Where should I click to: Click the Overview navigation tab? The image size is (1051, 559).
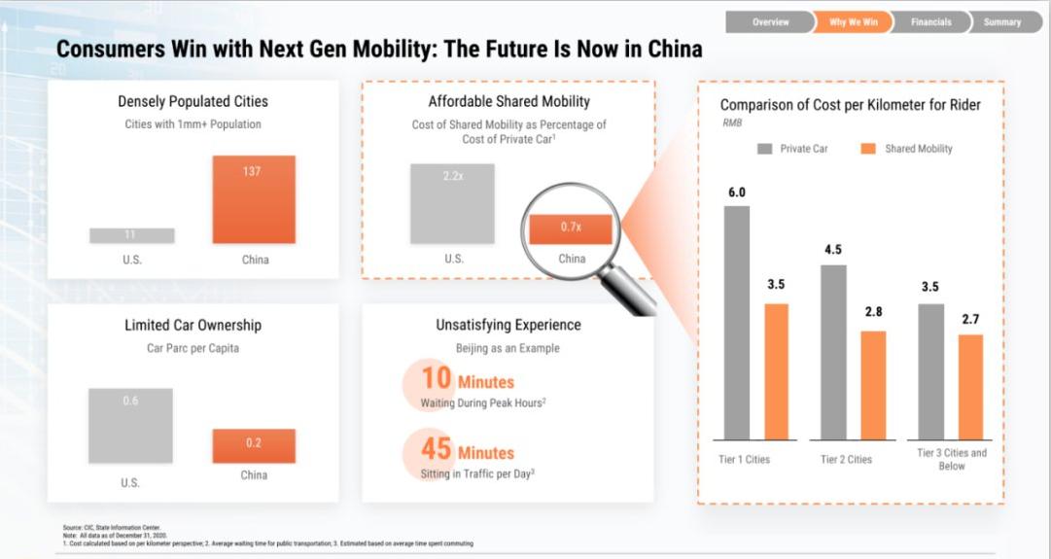point(770,22)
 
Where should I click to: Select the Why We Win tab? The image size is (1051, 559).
point(853,22)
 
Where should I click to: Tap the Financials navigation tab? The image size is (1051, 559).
point(931,22)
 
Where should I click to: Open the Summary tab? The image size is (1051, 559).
point(1001,22)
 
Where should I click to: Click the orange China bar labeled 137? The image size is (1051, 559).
point(254,199)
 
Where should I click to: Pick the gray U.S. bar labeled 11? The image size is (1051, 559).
point(132,235)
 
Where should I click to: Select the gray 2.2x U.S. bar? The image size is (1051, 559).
point(452,203)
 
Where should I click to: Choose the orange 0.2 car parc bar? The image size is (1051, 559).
point(254,445)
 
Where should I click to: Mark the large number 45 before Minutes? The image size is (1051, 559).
point(436,450)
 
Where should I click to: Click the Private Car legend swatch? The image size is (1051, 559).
point(765,149)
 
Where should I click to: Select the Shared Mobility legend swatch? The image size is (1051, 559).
point(869,149)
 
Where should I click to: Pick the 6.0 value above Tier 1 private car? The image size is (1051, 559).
point(737,192)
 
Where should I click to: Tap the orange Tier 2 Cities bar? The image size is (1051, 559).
point(872,385)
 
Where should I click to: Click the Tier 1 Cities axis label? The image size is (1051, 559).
point(744,459)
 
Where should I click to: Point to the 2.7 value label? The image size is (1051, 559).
point(970,320)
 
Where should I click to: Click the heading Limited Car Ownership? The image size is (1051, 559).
point(193,325)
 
